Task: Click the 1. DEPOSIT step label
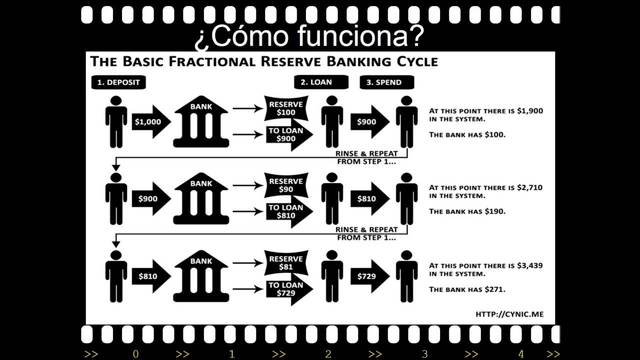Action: point(119,81)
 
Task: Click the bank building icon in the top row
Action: point(204,120)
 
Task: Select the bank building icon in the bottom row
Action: point(204,275)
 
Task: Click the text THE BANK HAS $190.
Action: point(467,212)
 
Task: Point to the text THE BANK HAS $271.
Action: point(467,289)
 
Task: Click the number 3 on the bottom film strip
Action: point(423,353)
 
